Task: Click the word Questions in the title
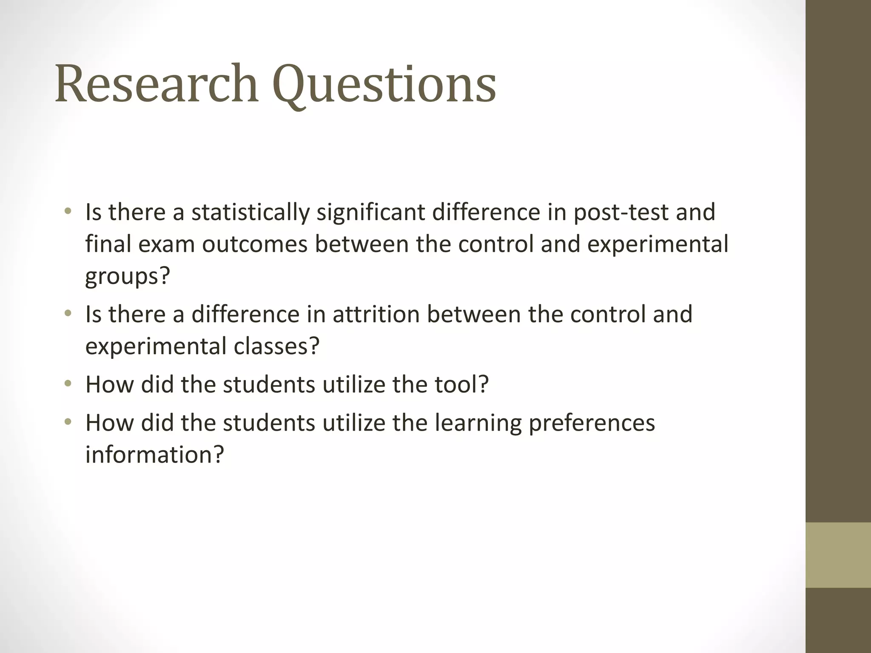click(384, 85)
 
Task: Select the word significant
click(370, 213)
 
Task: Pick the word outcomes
click(254, 244)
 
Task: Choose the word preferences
click(592, 423)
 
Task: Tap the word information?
click(154, 454)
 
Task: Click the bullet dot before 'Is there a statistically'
click(68, 211)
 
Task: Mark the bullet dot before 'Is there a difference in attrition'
click(68, 314)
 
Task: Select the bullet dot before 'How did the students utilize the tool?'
click(68, 384)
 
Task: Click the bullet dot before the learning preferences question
click(68, 423)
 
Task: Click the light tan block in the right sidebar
click(838, 555)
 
